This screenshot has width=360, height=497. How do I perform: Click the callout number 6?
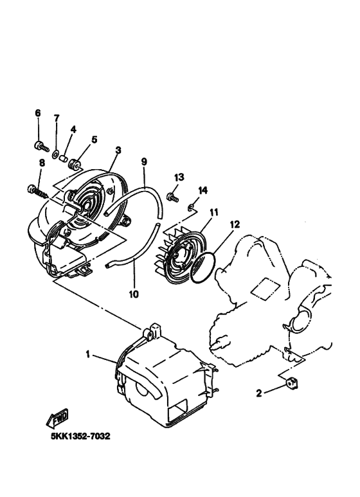[x=38, y=113]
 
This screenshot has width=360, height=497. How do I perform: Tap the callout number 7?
[x=57, y=118]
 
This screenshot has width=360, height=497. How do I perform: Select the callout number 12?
[x=235, y=224]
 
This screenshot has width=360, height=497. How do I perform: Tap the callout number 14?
[x=203, y=190]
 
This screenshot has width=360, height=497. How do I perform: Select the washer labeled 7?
[x=57, y=154]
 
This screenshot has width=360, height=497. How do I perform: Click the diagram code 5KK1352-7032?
[x=80, y=437]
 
